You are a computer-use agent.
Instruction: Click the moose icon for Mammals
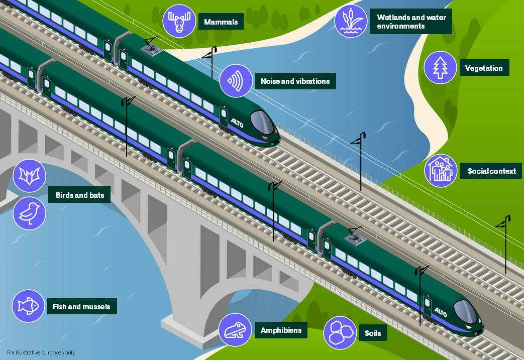click(x=179, y=21)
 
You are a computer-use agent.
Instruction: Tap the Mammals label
click(x=221, y=22)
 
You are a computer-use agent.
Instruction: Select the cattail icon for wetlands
click(x=351, y=21)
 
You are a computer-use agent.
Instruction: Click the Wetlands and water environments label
click(x=411, y=22)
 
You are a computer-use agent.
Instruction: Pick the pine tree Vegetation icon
click(x=440, y=67)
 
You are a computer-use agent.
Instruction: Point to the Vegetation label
click(x=484, y=68)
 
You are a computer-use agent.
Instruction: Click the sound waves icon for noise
click(x=236, y=81)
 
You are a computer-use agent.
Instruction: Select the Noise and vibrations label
click(x=295, y=81)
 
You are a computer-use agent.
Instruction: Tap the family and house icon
click(x=441, y=171)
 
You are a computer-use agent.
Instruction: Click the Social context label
click(x=491, y=171)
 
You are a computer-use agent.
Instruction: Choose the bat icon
click(x=30, y=176)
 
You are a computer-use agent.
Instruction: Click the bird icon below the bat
click(x=30, y=213)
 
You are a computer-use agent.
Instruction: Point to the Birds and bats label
click(x=79, y=195)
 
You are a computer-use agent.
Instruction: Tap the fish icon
click(x=29, y=306)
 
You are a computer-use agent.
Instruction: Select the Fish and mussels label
click(x=82, y=306)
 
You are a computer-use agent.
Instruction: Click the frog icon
click(x=235, y=330)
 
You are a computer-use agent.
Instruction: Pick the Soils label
click(x=373, y=333)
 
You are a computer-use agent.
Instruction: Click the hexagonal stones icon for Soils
click(x=340, y=332)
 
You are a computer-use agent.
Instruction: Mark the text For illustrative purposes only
click(x=41, y=352)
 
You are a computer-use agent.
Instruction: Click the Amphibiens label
click(x=281, y=330)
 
